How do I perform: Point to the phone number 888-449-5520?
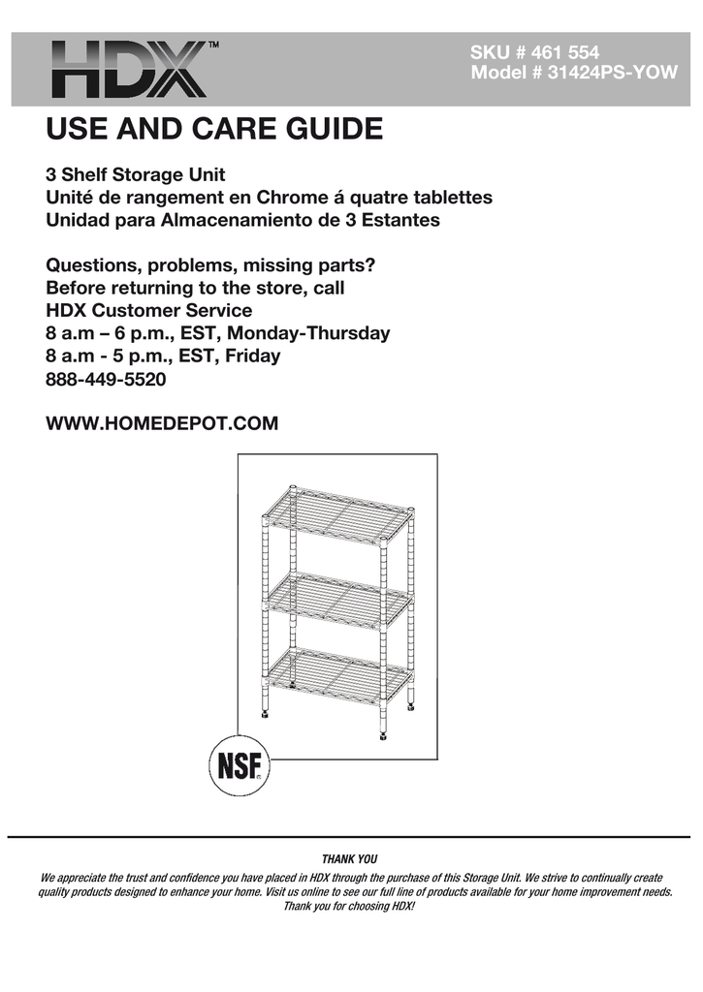[x=107, y=380]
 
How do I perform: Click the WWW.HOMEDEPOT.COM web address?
[x=162, y=423]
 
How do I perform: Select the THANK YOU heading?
[x=349, y=858]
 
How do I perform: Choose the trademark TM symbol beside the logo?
[x=213, y=45]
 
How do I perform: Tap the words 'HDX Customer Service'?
[x=149, y=311]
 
